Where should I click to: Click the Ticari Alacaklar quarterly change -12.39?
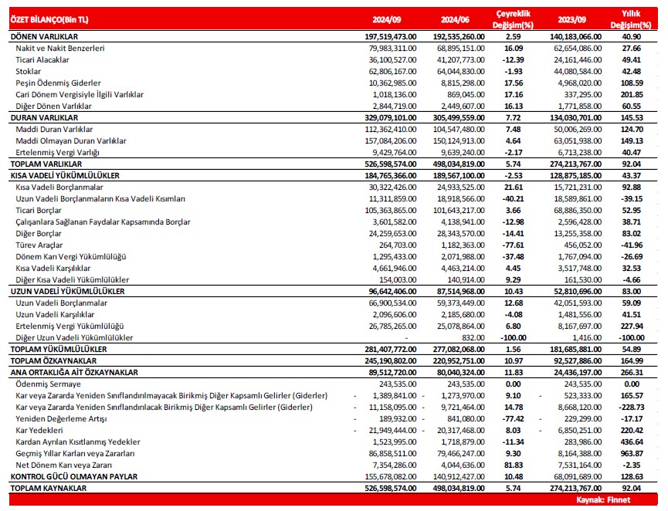click(514, 59)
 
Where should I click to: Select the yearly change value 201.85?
click(631, 94)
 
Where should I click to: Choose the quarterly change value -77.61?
click(514, 245)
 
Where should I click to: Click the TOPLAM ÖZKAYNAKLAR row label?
click(51, 360)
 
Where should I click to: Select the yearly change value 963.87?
click(631, 453)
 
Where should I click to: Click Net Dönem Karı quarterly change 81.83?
click(515, 465)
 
